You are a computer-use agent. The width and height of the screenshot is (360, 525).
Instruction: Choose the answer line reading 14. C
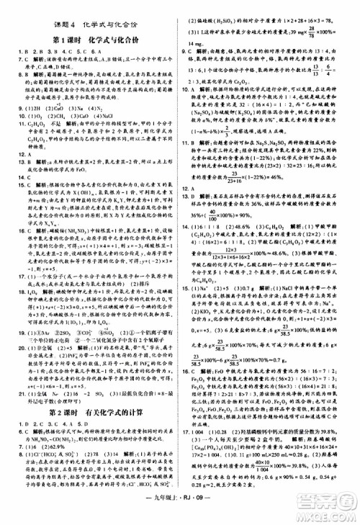[14, 180]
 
